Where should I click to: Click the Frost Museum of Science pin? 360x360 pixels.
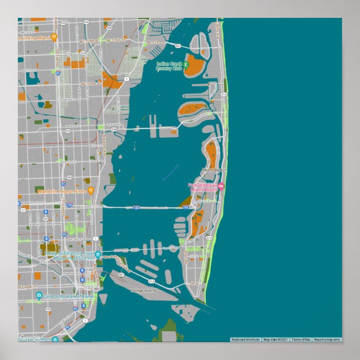[98, 255]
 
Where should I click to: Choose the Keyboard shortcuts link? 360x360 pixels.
[245, 339]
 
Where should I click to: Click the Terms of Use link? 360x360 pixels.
[300, 339]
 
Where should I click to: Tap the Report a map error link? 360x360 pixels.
[326, 339]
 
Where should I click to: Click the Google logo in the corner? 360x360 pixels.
[29, 337]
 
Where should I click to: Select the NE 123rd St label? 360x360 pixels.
[157, 42]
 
